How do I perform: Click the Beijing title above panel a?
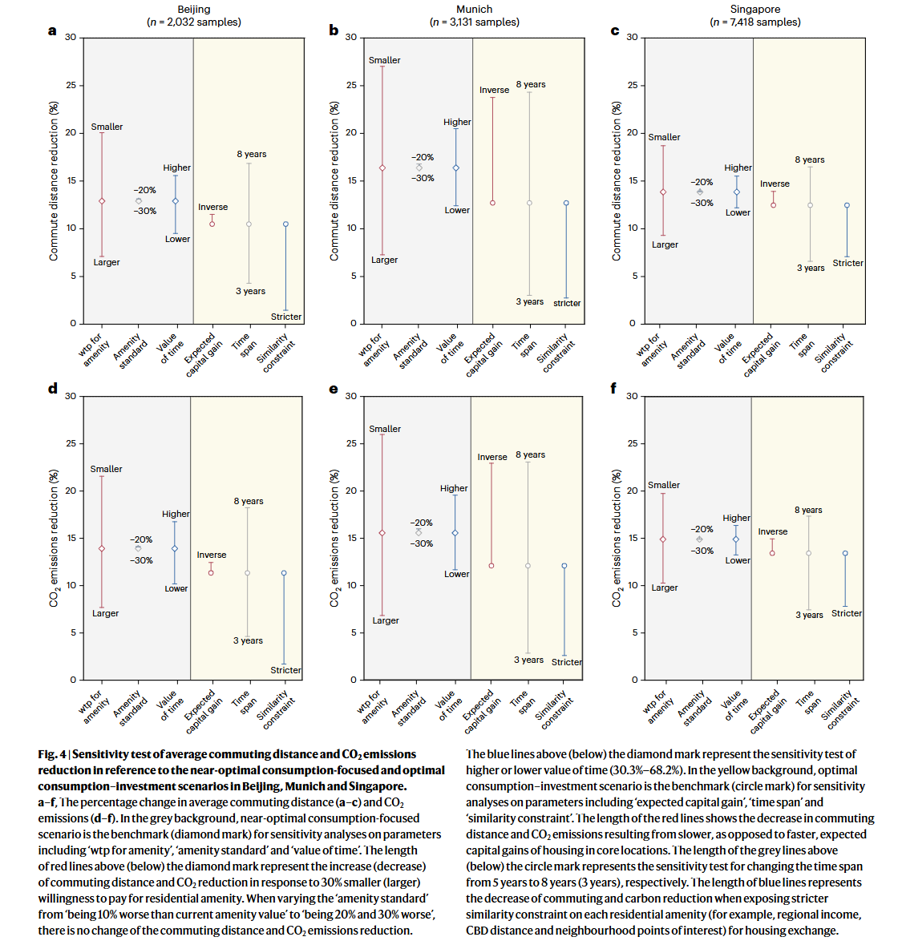click(x=194, y=10)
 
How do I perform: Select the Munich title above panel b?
click(x=474, y=10)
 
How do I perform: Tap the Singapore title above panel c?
click(x=754, y=10)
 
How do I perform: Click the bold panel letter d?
click(x=53, y=389)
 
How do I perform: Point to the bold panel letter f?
click(x=614, y=389)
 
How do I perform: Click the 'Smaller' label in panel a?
click(x=107, y=127)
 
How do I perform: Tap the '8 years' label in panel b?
click(x=531, y=84)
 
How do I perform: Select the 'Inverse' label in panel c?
click(x=775, y=184)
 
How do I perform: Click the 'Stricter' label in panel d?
click(x=285, y=670)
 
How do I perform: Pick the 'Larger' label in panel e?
click(x=386, y=620)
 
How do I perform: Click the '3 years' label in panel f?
click(x=809, y=615)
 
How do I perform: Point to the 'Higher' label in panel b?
click(x=457, y=122)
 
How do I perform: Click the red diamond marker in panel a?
click(x=102, y=201)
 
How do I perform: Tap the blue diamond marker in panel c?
click(x=737, y=192)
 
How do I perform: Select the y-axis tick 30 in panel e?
click(x=351, y=396)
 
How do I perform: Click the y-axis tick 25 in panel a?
click(x=71, y=85)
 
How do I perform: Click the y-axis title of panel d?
click(x=55, y=537)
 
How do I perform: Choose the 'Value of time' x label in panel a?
click(x=169, y=348)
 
